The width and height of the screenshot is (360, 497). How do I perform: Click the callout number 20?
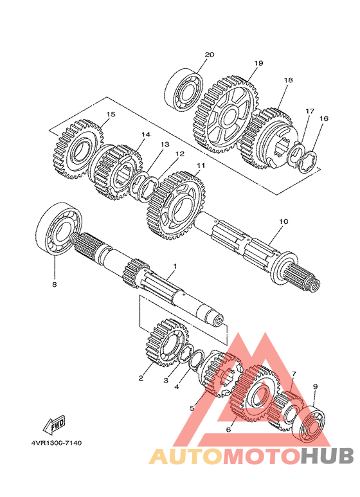click(x=210, y=55)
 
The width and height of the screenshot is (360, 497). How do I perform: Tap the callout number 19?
click(x=258, y=63)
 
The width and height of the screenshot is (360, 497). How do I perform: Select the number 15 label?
click(x=111, y=114)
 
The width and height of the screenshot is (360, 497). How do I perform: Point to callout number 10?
click(x=283, y=221)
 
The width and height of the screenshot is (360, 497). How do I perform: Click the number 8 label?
click(x=55, y=284)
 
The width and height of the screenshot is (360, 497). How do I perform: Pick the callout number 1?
click(x=174, y=266)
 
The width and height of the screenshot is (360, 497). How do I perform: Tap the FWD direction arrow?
click(x=54, y=424)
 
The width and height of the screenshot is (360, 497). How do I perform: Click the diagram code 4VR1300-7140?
click(x=57, y=442)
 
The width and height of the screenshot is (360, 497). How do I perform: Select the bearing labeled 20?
click(x=183, y=89)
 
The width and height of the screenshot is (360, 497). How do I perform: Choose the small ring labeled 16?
click(x=308, y=162)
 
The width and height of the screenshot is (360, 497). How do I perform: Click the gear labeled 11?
click(x=176, y=204)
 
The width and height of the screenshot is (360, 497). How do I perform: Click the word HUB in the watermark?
click(x=327, y=456)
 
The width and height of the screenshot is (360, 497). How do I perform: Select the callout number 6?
click(x=228, y=429)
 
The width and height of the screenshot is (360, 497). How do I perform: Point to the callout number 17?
click(x=310, y=111)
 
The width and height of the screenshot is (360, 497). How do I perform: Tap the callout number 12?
click(x=180, y=154)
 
